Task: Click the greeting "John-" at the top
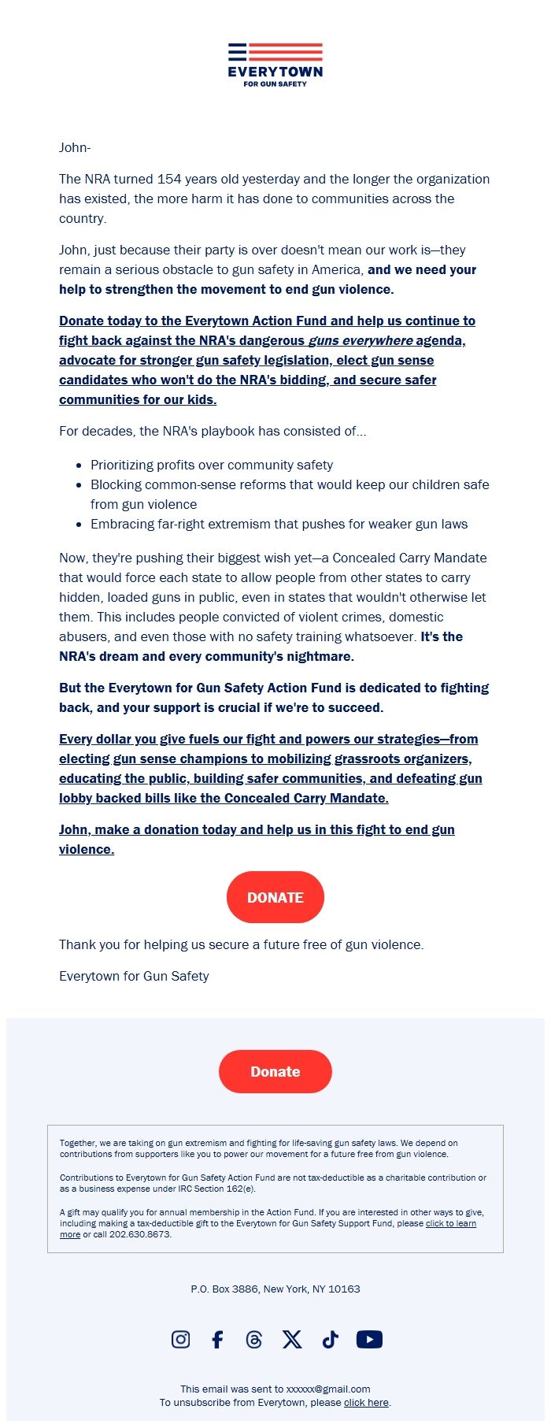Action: click(x=75, y=147)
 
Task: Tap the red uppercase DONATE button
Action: click(x=275, y=897)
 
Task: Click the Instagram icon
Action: click(x=181, y=1339)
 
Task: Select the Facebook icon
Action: click(x=218, y=1339)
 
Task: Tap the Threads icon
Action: click(x=253, y=1339)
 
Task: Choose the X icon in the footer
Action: click(x=292, y=1339)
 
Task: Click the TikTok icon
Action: click(x=330, y=1339)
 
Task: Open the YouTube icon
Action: click(x=369, y=1339)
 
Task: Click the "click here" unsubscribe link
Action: click(x=366, y=1402)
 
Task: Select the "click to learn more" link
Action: click(x=450, y=1223)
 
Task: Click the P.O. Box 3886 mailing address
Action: click(x=275, y=1289)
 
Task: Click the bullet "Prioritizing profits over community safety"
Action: click(x=212, y=465)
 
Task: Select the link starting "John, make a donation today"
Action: click(x=257, y=829)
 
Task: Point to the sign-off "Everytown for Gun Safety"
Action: click(x=134, y=976)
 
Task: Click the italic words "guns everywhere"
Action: click(x=361, y=340)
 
